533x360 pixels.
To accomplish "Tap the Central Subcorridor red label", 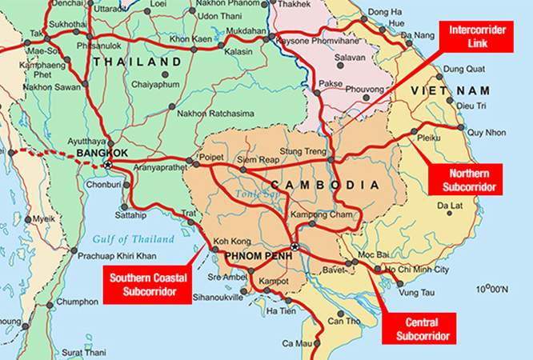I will point(423,328).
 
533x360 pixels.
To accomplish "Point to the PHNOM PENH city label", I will point(252,256).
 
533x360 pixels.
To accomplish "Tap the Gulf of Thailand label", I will point(133,239).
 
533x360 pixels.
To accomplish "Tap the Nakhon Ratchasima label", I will point(219,114).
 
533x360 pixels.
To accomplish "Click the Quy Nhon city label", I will point(486,133).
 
